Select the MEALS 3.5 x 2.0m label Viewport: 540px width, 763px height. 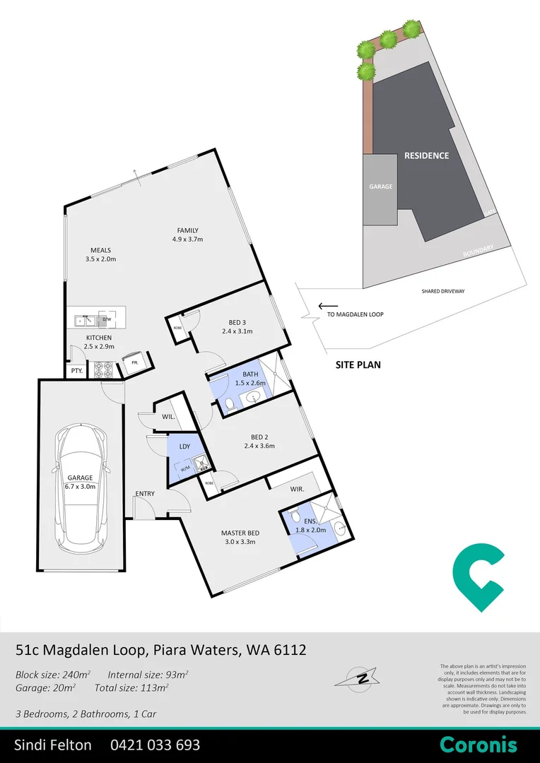pos(100,255)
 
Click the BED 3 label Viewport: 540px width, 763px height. pos(237,326)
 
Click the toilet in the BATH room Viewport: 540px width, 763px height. pos(230,405)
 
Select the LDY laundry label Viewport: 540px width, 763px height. pos(184,446)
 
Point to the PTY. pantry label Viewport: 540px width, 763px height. pos(76,371)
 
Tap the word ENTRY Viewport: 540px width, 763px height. pos(146,494)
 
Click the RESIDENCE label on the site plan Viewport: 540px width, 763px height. pos(426,155)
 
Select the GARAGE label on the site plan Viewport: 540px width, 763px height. pos(380,187)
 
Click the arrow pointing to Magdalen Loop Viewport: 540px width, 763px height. pos(327,306)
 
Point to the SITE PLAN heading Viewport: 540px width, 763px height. pos(358,365)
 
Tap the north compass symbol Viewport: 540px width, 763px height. pos(362,679)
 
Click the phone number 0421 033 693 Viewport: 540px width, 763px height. pos(155,745)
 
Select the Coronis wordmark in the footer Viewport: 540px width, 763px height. pos(478,745)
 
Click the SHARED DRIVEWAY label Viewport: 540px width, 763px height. pos(448,291)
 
